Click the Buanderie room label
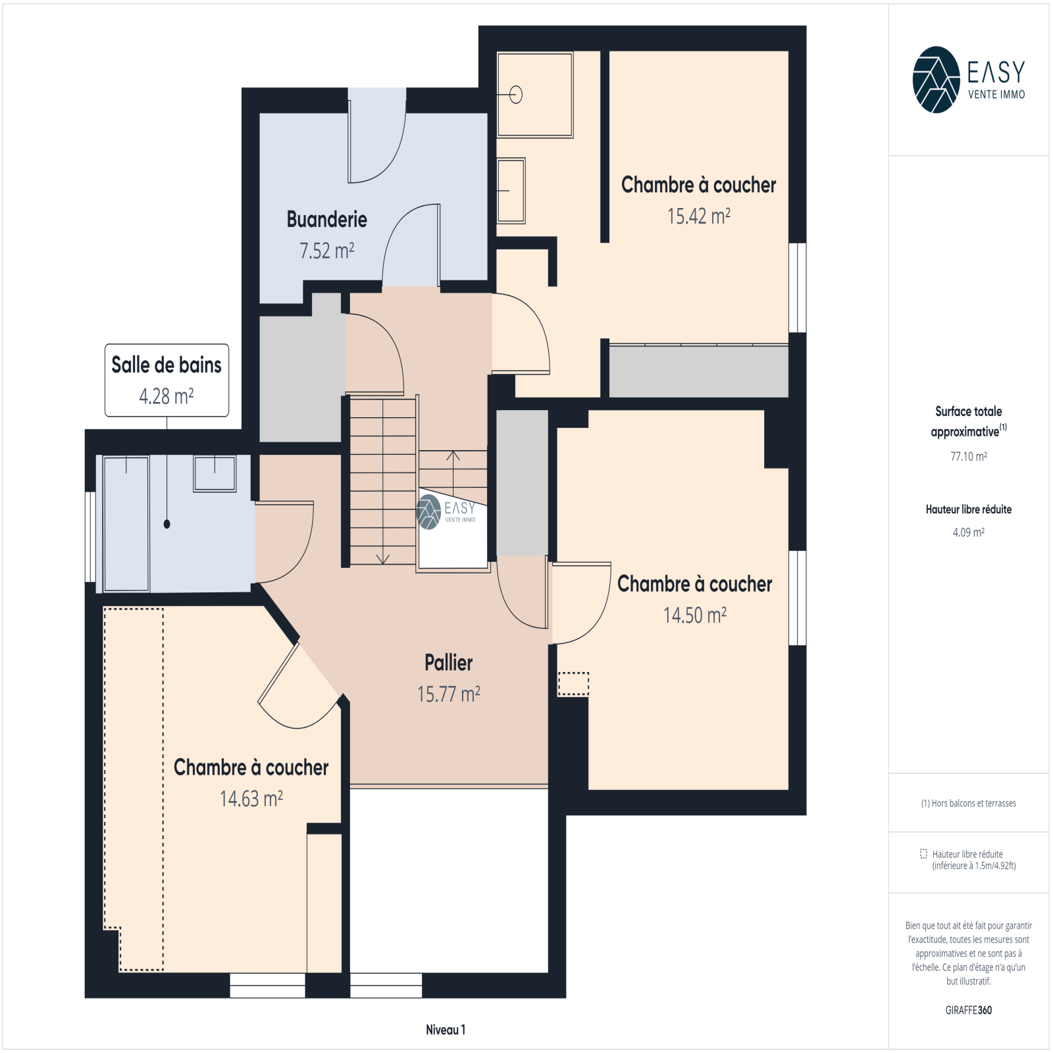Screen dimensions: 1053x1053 coord(326,219)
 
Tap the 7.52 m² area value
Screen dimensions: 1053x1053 coord(326,251)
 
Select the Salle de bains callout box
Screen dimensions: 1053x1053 coord(167,380)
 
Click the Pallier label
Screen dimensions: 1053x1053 coord(448,663)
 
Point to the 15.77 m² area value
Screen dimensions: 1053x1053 coord(448,694)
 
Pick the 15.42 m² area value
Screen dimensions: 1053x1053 coord(698,216)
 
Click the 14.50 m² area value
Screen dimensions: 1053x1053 coord(694,615)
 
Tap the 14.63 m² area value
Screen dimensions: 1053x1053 coord(251,799)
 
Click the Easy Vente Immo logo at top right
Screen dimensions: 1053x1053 coord(969,80)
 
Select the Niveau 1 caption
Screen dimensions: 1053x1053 coord(446,1030)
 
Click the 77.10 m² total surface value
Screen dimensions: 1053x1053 coord(968,456)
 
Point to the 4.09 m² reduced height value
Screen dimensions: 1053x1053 coord(968,532)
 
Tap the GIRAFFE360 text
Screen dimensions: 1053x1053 coord(968,1010)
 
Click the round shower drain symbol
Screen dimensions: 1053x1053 coord(516,95)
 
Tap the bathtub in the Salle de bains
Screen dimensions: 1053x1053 coord(126,523)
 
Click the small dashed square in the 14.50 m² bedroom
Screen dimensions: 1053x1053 coord(573,684)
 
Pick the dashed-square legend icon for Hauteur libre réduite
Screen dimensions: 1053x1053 coord(923,854)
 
